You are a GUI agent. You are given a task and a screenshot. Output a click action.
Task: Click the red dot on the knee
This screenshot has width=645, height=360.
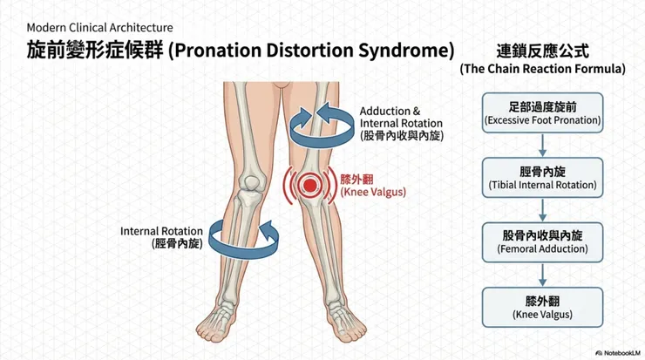309,185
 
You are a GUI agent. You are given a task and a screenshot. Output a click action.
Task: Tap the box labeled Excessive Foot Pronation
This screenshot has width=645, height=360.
542,112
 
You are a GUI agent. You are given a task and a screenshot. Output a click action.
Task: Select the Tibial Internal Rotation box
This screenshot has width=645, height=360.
542,177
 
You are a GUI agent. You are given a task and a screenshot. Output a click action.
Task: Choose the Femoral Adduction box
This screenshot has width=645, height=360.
542,242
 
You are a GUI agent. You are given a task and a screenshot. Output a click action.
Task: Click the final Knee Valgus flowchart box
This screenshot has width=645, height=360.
542,307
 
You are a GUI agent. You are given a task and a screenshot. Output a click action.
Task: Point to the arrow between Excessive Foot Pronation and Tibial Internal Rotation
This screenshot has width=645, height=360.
542,146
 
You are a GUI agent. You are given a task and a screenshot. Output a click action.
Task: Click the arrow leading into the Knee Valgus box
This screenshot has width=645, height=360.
542,275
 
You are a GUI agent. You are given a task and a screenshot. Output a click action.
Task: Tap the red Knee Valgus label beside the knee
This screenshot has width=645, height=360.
373,186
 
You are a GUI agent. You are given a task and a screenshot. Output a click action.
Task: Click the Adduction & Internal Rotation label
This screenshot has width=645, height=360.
402,124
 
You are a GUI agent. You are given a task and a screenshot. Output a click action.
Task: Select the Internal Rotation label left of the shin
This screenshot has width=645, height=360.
161,237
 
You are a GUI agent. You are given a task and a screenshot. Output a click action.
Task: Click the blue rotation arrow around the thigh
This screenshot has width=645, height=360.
322,125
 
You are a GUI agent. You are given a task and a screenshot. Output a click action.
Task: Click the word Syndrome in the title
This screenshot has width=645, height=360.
406,51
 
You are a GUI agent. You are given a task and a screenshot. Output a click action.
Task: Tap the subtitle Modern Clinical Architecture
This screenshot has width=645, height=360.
99,28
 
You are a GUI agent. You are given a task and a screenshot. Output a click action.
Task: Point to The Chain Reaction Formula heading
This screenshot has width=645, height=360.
542,68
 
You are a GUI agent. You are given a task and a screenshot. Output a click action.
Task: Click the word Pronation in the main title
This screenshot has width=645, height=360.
217,51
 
